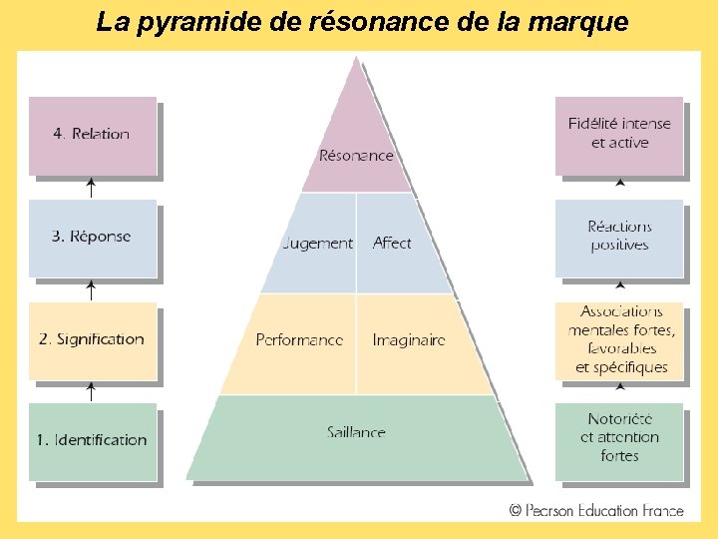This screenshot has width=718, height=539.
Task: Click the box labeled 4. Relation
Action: pyautogui.click(x=93, y=135)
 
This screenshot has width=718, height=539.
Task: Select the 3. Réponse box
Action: pyautogui.click(x=93, y=238)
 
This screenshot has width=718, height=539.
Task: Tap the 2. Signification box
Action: pyautogui.click(x=93, y=339)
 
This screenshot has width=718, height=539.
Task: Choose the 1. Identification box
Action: pyautogui.click(x=93, y=440)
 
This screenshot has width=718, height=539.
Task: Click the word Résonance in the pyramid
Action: pyautogui.click(x=356, y=155)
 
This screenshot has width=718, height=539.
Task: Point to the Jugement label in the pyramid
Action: pyautogui.click(x=318, y=243)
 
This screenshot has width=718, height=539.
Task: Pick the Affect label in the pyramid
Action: pyautogui.click(x=392, y=243)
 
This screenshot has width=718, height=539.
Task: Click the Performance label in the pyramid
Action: pyautogui.click(x=299, y=340)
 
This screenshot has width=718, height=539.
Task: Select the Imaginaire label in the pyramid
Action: pyautogui.click(x=409, y=340)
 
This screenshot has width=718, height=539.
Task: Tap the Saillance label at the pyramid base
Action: pyautogui.click(x=356, y=432)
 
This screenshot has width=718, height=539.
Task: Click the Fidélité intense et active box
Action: pyautogui.click(x=619, y=134)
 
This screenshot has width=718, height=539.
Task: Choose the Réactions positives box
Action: pyautogui.click(x=619, y=237)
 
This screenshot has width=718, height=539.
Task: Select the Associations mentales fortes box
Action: pyautogui.click(x=619, y=339)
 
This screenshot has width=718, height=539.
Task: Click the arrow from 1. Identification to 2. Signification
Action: pyautogui.click(x=92, y=391)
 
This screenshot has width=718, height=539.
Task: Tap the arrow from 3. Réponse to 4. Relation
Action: pyautogui.click(x=92, y=188)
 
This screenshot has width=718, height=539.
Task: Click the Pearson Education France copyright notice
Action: pyautogui.click(x=596, y=510)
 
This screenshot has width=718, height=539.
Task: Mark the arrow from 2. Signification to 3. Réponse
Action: pyautogui.click(x=92, y=289)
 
